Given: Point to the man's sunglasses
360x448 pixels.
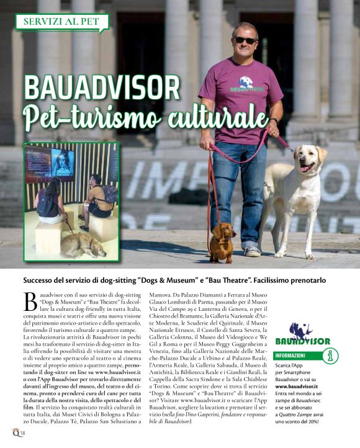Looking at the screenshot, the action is click(246, 40).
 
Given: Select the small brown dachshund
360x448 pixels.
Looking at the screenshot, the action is click(222, 240).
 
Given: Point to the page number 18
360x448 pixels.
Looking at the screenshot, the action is click(22, 432).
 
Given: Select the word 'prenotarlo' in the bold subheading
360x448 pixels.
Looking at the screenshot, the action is click(305, 279).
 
